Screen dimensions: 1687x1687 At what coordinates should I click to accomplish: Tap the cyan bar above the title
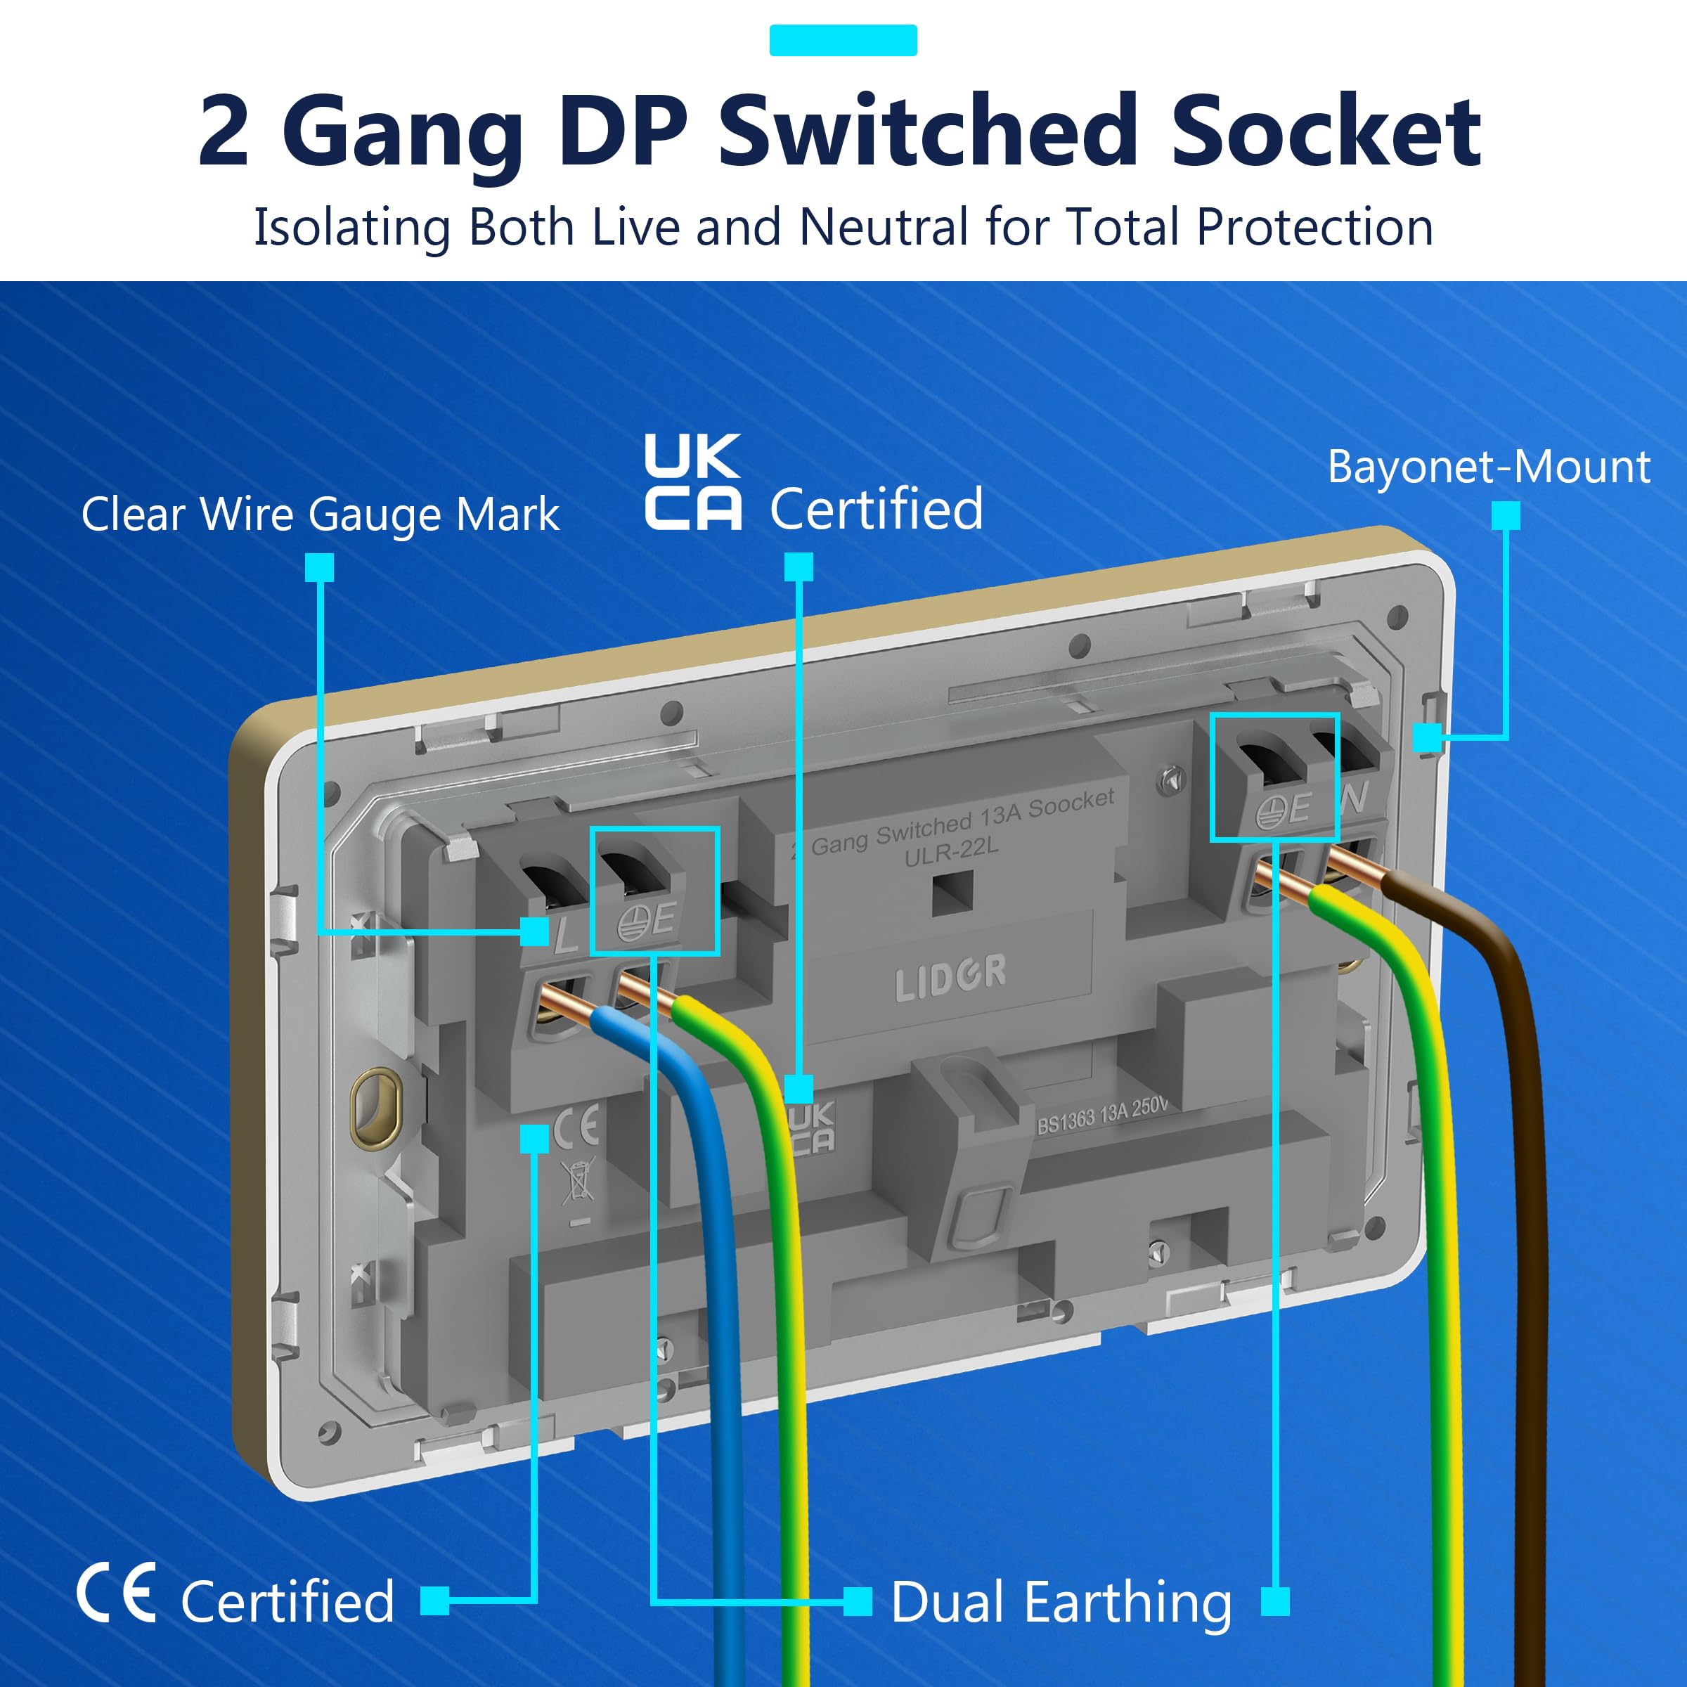tap(843, 40)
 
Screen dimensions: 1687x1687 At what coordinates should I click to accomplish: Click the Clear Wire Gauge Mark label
tap(321, 515)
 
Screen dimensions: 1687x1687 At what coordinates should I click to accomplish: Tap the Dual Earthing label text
tap(1061, 1603)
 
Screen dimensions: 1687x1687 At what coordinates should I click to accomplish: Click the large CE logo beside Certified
tap(117, 1593)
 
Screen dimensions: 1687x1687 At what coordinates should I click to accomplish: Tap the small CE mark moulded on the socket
tap(577, 1125)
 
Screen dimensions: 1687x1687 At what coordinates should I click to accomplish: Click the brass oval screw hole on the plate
tap(375, 1107)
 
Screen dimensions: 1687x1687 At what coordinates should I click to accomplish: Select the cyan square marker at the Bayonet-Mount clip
tap(1427, 737)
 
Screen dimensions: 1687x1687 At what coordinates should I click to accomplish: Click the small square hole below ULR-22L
tap(952, 893)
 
